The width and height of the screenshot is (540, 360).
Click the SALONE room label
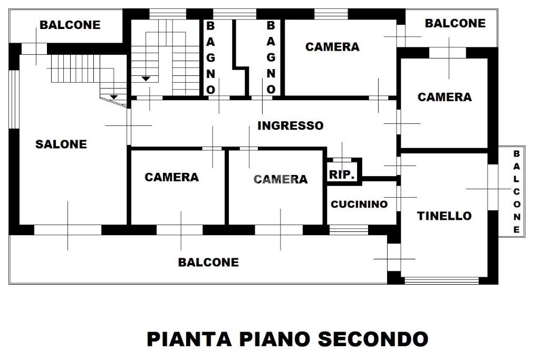click(x=61, y=144)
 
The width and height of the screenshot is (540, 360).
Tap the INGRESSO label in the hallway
click(x=290, y=126)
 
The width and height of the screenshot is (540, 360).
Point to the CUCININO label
click(x=359, y=205)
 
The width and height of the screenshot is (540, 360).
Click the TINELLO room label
click(x=444, y=216)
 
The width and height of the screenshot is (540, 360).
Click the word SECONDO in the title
click(x=373, y=339)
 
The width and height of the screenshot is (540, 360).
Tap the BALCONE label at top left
click(x=70, y=25)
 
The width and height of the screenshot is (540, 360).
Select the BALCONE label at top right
click(x=455, y=23)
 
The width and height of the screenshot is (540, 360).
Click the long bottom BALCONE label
click(x=208, y=262)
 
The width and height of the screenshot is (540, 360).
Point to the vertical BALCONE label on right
click(x=517, y=191)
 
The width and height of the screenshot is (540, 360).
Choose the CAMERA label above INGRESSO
click(x=332, y=47)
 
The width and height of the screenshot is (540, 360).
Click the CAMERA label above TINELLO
click(x=445, y=97)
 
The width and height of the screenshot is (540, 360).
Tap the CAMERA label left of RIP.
click(x=281, y=179)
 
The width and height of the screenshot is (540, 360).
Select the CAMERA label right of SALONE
click(x=172, y=177)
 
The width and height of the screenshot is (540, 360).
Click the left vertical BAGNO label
click(x=210, y=57)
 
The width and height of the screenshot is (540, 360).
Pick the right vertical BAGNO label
click(x=271, y=57)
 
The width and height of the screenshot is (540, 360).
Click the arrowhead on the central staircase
click(x=146, y=79)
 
